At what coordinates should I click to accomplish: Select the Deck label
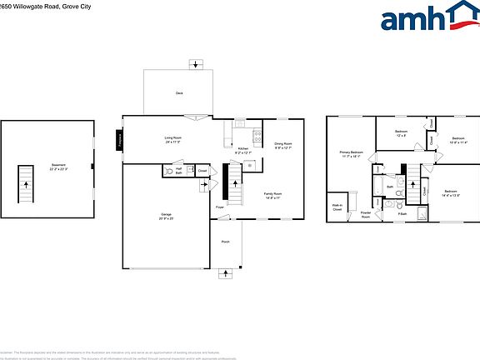tap(179, 92)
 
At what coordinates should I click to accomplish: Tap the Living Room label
tap(172, 140)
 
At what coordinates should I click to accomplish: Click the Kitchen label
tap(242, 151)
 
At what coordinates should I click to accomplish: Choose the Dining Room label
tap(283, 146)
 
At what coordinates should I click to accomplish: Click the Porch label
tap(225, 242)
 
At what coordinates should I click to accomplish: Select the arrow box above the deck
tap(196, 63)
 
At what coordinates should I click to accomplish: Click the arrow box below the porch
tap(226, 273)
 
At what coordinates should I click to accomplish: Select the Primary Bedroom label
tap(351, 154)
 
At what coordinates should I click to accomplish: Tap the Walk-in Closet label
tap(337, 207)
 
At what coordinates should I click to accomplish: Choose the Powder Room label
tap(365, 214)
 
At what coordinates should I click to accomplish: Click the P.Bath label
tap(402, 214)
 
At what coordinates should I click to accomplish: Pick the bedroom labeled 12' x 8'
tap(400, 133)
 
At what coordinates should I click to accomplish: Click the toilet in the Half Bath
tap(190, 170)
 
